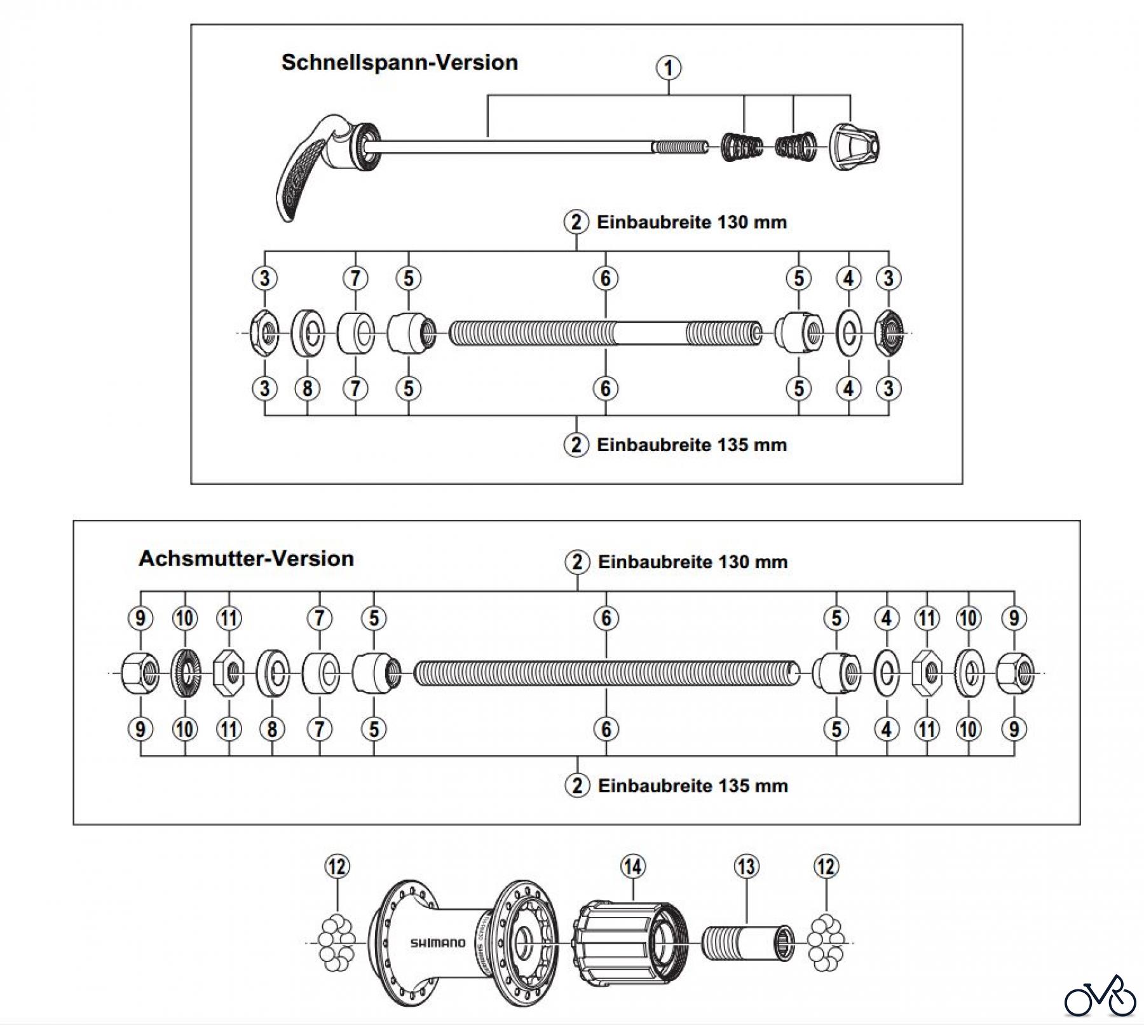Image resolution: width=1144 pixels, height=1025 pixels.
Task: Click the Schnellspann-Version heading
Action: click(399, 62)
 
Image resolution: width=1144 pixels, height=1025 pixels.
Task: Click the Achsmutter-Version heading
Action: click(246, 559)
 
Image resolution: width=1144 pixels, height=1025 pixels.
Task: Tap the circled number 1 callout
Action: click(669, 67)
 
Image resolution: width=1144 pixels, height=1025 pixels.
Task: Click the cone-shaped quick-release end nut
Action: click(853, 146)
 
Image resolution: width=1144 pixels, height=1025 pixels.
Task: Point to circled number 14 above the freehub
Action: click(632, 866)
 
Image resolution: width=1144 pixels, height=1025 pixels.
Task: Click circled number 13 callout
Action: click(746, 866)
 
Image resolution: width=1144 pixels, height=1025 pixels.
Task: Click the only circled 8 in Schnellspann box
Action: click(308, 388)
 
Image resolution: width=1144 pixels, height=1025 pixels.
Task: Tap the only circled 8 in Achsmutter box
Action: click(272, 729)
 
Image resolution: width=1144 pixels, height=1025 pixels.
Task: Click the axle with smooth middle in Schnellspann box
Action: click(605, 334)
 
